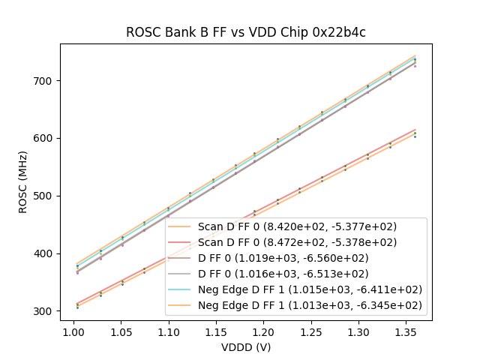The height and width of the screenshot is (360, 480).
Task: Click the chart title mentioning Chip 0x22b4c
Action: (x=245, y=32)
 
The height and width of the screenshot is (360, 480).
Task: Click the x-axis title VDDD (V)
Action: (x=245, y=347)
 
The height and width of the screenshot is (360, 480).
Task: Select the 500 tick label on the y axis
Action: (x=46, y=196)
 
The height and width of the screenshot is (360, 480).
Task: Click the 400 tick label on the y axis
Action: (x=46, y=253)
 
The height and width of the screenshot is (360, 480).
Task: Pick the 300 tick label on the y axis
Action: (x=46, y=311)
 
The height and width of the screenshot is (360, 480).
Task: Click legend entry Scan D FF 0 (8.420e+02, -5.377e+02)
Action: (x=297, y=226)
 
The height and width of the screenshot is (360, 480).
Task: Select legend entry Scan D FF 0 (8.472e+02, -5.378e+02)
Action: (x=297, y=242)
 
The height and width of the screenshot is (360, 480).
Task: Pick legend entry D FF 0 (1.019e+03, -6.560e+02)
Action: (x=297, y=258)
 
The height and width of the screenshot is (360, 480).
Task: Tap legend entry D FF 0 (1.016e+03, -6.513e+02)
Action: (x=297, y=274)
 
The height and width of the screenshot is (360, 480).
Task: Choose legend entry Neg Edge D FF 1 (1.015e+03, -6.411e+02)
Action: (x=310, y=289)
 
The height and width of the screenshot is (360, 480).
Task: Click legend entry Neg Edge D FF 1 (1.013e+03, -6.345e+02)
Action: (x=310, y=305)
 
